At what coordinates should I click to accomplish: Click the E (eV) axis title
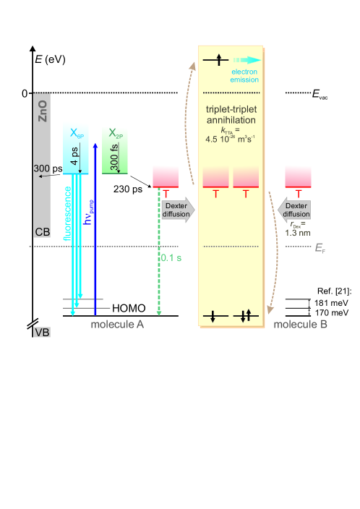[x=50, y=59]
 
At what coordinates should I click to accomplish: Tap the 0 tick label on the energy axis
[x=25, y=93]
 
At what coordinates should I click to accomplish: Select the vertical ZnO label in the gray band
[x=43, y=111]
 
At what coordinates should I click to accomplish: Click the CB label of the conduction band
[x=43, y=232]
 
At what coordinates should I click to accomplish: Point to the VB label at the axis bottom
[x=42, y=332]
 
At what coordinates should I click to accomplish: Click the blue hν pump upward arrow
[x=95, y=229]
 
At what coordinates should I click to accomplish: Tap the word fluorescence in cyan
[x=67, y=213]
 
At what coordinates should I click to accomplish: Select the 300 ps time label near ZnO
[x=48, y=168]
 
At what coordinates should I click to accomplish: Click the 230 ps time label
[x=128, y=189]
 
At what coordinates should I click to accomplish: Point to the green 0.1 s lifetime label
[x=171, y=257]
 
